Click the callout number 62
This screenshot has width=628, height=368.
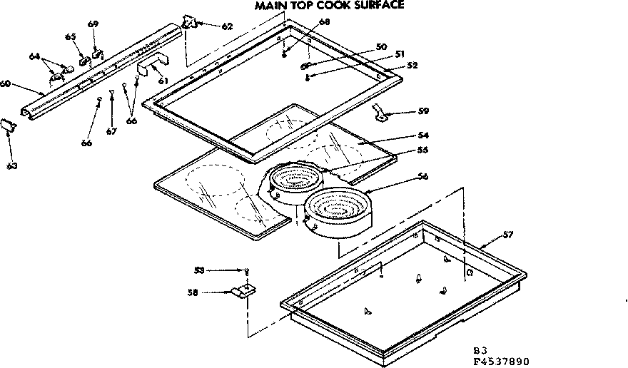point(226,26)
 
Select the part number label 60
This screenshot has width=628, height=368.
point(5,83)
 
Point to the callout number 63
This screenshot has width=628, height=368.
point(12,165)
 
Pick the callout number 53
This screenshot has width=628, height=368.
point(199,270)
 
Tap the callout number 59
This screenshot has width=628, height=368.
point(424,111)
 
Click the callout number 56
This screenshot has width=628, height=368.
point(423,176)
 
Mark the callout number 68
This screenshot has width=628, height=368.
point(325,22)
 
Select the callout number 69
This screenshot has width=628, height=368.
point(93,24)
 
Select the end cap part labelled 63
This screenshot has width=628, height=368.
point(9,125)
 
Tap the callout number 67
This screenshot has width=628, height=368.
point(111,131)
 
